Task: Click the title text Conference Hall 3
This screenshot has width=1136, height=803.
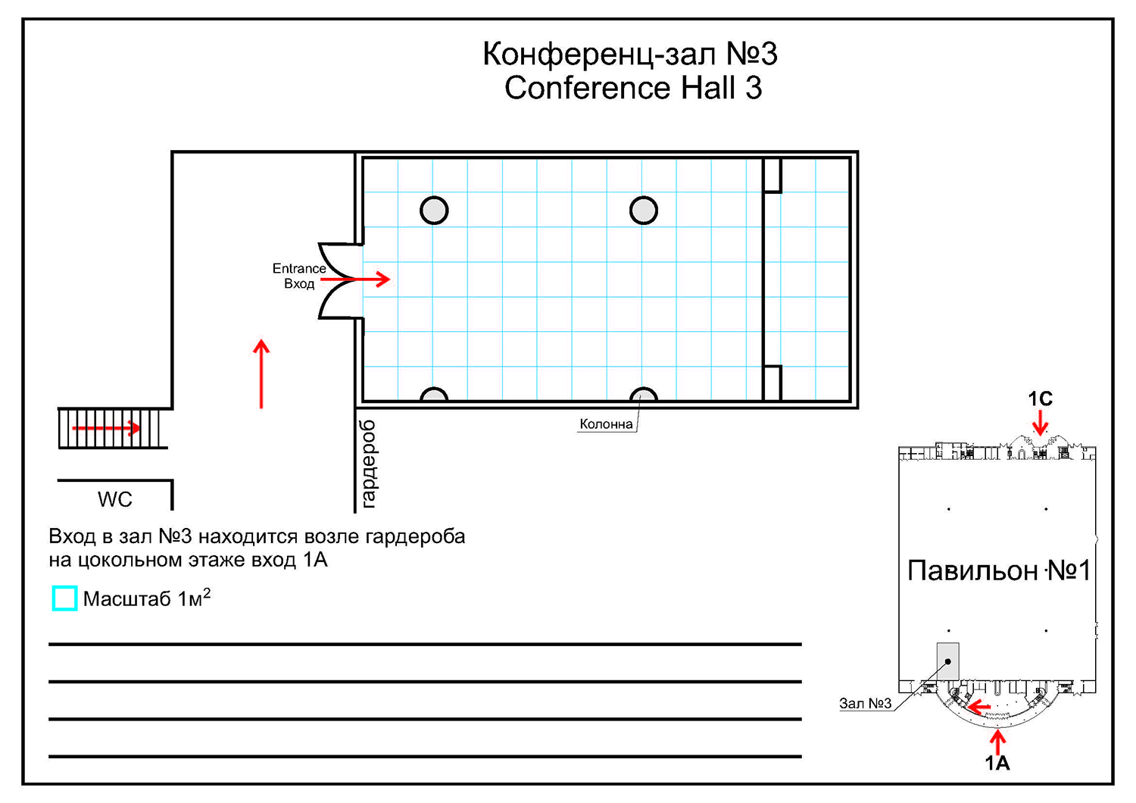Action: [633, 88]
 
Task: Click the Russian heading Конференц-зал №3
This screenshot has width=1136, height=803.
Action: [630, 54]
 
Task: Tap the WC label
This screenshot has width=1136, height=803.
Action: [115, 500]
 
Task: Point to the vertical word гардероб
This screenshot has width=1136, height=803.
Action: [370, 464]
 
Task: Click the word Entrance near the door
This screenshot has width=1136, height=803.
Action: [299, 268]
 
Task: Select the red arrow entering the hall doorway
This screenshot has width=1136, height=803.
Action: [355, 279]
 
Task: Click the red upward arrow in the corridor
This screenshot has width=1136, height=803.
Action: [261, 374]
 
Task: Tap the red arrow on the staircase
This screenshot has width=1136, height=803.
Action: [107, 428]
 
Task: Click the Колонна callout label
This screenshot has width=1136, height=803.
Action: [606, 424]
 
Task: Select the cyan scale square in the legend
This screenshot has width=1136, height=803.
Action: [64, 598]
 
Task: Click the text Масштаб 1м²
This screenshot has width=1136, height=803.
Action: [147, 598]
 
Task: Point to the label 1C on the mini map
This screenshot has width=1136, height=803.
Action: [1040, 398]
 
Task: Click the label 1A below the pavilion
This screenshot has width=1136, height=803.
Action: [997, 763]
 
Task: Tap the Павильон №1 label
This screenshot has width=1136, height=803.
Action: [999, 570]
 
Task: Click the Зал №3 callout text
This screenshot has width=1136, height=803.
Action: [865, 704]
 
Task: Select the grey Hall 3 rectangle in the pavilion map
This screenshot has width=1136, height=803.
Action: [948, 661]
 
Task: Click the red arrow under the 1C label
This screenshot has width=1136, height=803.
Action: [1040, 423]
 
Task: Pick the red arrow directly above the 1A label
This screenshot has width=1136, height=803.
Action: [997, 742]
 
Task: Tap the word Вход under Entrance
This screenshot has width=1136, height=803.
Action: [299, 283]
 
